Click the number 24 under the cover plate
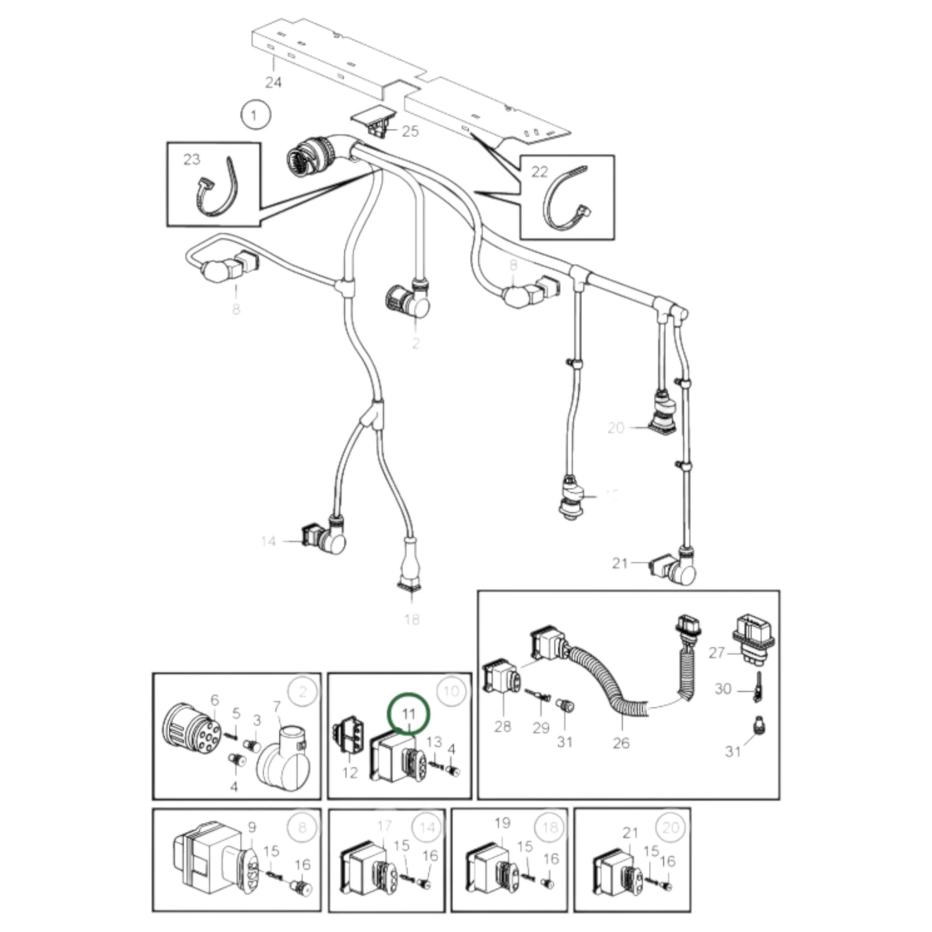click(273, 83)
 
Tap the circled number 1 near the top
click(253, 116)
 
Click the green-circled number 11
click(408, 713)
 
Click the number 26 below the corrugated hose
click(620, 743)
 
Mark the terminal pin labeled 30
click(758, 688)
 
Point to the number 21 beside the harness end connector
click(620, 563)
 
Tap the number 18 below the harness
click(411, 619)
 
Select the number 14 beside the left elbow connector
click(269, 541)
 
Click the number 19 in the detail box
click(502, 823)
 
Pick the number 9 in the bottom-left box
click(252, 827)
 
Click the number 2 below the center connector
click(415, 343)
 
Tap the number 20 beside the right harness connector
click(616, 428)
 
